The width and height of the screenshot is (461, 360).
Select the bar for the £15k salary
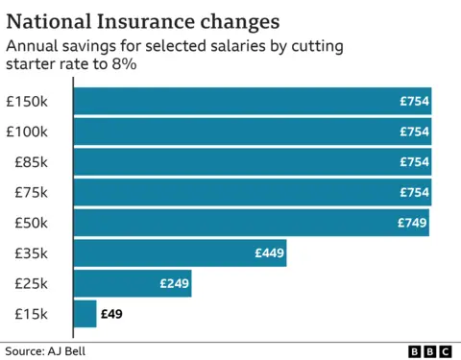[85, 314]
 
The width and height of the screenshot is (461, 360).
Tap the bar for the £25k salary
[132, 283]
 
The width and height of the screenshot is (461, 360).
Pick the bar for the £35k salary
[180, 253]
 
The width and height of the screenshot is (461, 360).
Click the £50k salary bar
[251, 223]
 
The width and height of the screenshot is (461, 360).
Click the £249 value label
[174, 283]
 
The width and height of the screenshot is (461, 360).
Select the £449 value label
[269, 253]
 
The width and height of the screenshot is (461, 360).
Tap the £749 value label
[412, 223]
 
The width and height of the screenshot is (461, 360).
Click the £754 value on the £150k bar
[414, 101]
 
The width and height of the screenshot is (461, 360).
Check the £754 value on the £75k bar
[414, 192]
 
